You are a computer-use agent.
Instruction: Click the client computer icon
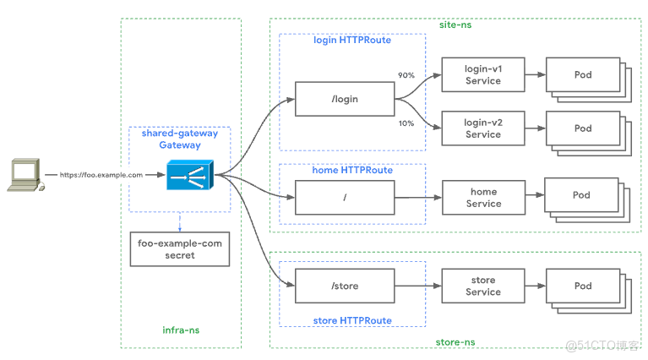pos(24,174)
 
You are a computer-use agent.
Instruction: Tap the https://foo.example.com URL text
pos(101,175)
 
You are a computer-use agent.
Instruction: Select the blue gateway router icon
pos(189,175)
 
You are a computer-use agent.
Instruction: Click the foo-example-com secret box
pos(179,249)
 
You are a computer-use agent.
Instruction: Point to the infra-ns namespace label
pos(181,330)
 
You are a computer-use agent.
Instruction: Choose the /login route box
pos(344,99)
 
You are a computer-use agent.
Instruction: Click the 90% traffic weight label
pos(406,75)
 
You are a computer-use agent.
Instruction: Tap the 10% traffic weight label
pos(406,123)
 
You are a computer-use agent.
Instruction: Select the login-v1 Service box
pos(482,75)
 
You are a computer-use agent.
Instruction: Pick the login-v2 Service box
pos(482,128)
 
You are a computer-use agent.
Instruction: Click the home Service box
pos(483,198)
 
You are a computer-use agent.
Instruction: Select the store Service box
pos(482,286)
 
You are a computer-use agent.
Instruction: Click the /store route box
pos(344,286)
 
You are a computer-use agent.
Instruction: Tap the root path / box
pos(344,197)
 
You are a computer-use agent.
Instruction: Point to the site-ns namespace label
pos(455,25)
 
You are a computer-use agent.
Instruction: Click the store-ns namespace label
pos(455,341)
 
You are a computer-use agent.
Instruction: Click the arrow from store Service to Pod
pos(535,286)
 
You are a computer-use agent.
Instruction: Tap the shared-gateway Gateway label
pos(180,139)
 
